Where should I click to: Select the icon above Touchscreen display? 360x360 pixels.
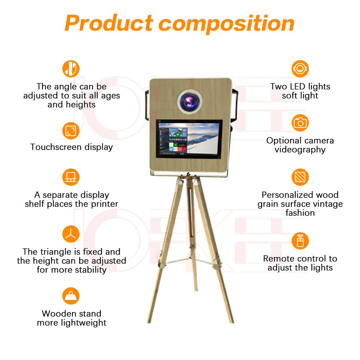(71, 131)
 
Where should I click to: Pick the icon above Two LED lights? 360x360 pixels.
(300, 69)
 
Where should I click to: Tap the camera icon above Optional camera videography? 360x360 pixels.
(300, 123)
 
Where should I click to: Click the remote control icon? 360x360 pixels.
(300, 240)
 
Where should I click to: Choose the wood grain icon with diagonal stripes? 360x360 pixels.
(300, 177)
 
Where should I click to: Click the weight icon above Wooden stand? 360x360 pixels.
(71, 296)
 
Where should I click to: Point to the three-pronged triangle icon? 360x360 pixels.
(71, 234)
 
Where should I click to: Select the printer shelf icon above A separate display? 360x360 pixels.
(71, 177)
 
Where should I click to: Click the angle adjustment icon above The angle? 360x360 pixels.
(71, 69)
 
